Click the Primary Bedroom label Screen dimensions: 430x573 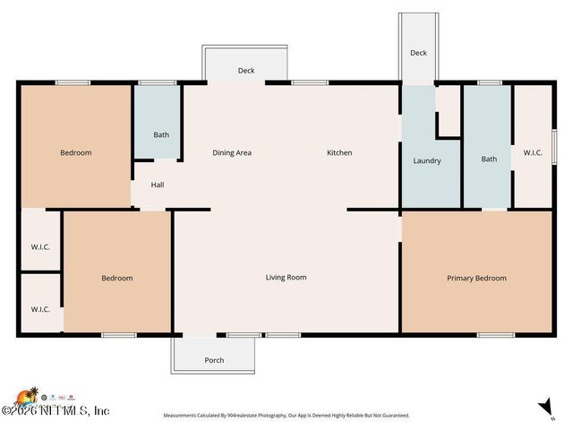(x=476, y=278)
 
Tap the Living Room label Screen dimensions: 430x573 (x=286, y=277)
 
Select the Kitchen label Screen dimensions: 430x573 (x=339, y=152)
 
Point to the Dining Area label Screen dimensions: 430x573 (x=231, y=152)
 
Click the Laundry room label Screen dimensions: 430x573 (x=427, y=161)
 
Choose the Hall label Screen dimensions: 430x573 (x=158, y=185)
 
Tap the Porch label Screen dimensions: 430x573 (x=214, y=360)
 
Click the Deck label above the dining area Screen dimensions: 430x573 (x=246, y=71)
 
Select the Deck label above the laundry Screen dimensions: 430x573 (x=418, y=53)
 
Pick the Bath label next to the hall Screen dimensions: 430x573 (x=161, y=135)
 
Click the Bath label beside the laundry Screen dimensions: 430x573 (x=489, y=159)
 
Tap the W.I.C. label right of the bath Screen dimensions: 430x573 (x=534, y=152)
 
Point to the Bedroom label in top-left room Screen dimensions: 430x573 (x=76, y=152)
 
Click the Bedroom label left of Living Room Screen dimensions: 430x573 (x=116, y=278)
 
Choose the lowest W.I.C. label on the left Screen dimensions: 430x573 (x=40, y=309)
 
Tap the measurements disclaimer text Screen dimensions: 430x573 (x=286, y=416)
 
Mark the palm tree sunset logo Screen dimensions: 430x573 (x=27, y=396)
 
